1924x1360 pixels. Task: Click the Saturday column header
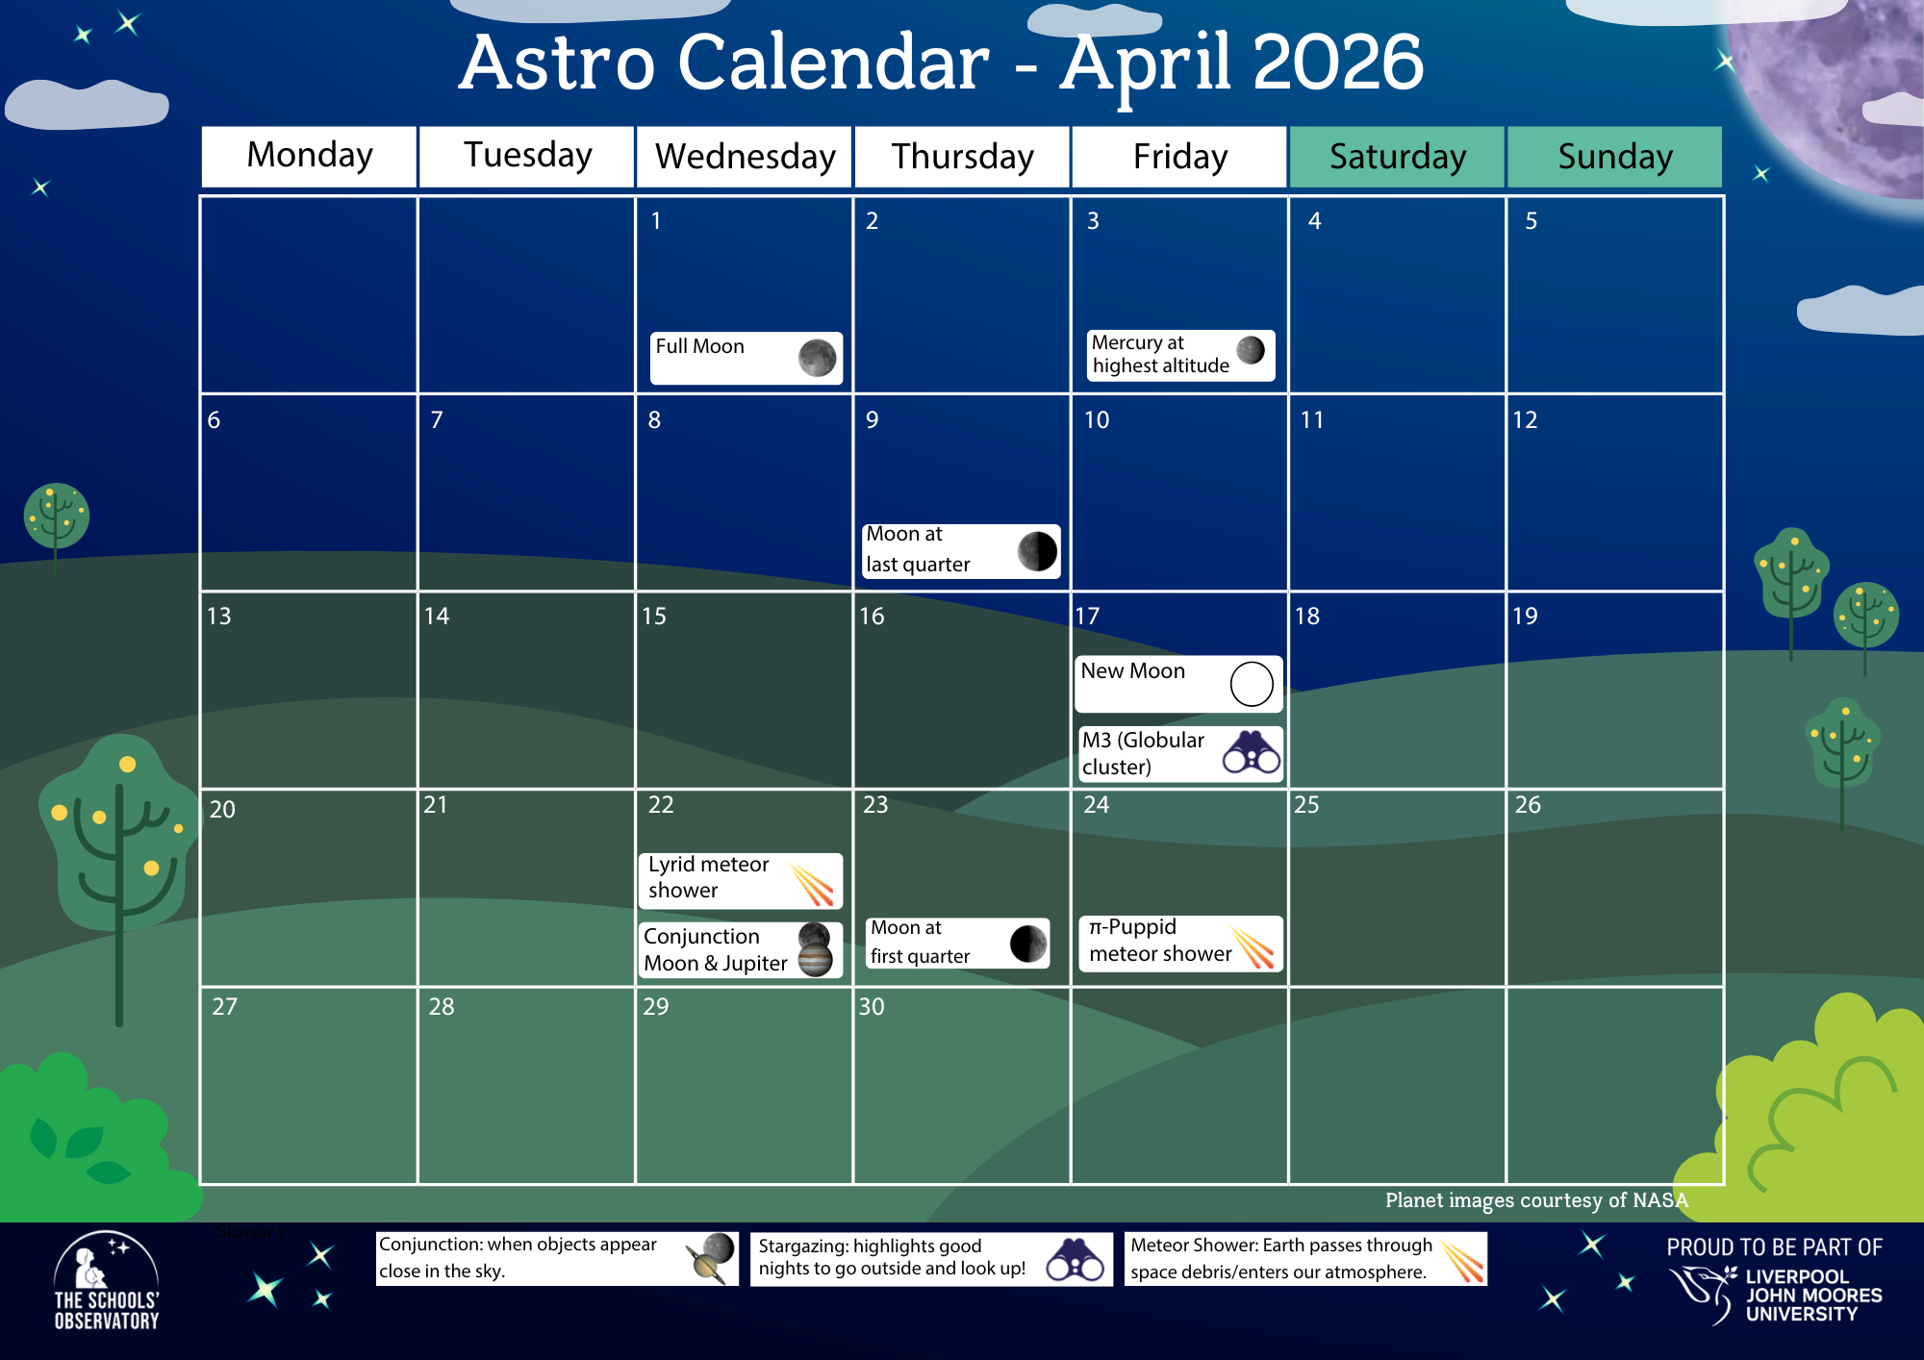(1397, 157)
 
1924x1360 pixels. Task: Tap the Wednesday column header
(745, 157)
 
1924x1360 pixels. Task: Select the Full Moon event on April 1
(746, 358)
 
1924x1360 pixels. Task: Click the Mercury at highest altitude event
(1179, 355)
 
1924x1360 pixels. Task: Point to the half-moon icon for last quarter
(1037, 551)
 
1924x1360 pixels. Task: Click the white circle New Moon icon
(1251, 684)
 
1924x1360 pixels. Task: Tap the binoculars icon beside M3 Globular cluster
(1251, 752)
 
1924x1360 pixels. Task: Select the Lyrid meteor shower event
(740, 880)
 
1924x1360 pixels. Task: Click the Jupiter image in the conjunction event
(815, 959)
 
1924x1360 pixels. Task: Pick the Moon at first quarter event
(957, 943)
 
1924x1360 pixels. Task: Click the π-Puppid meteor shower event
(1180, 943)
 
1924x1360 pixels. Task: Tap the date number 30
(871, 1007)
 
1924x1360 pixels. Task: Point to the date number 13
(218, 617)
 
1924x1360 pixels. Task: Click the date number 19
(1525, 617)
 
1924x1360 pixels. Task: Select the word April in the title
(1146, 63)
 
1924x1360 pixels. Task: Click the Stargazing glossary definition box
(930, 1258)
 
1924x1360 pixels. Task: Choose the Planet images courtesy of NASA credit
(1536, 1200)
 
